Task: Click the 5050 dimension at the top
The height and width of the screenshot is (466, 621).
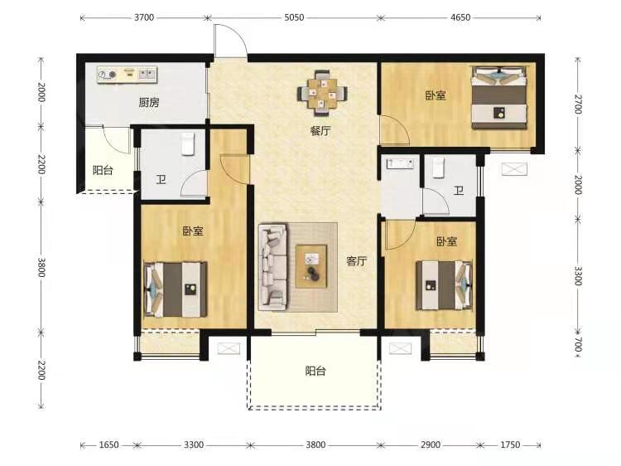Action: [294, 17]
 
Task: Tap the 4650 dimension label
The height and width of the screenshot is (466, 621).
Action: [460, 17]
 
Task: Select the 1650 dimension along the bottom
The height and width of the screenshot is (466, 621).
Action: [108, 444]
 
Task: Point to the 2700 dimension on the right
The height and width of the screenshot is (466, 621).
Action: [578, 104]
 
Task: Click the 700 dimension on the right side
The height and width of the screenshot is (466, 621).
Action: [578, 344]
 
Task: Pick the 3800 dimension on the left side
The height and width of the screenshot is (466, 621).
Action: [41, 267]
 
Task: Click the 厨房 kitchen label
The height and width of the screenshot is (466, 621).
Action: [149, 103]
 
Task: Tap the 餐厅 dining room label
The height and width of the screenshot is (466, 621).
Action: [320, 131]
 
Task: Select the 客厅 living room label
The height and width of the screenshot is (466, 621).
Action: [356, 260]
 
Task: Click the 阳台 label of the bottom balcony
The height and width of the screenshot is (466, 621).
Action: [315, 371]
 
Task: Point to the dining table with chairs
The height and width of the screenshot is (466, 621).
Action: [322, 93]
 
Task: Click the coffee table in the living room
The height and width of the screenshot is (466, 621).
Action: [311, 266]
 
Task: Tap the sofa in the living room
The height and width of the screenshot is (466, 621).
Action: [273, 267]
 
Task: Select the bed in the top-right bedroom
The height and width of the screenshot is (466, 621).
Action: [499, 98]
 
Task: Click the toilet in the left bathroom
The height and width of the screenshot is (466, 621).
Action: [188, 143]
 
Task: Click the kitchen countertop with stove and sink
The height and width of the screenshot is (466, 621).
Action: [128, 75]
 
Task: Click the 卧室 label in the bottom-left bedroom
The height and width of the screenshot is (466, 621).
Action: [193, 231]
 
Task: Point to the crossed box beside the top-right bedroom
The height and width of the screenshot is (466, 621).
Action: [514, 169]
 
